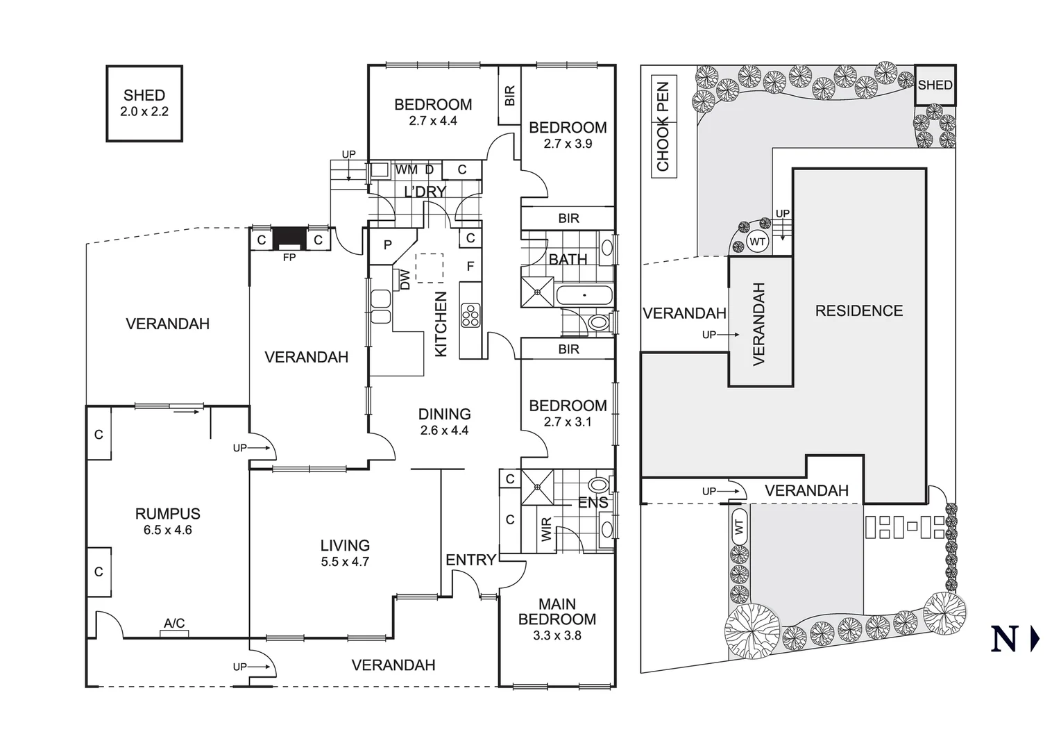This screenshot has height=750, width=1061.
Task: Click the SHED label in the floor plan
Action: pos(144,96)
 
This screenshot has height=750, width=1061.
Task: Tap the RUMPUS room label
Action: pos(167,514)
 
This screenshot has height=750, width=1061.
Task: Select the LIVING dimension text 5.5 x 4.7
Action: pos(345,562)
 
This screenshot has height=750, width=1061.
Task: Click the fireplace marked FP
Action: pos(289,239)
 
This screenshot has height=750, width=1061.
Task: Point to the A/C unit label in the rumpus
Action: pos(174,624)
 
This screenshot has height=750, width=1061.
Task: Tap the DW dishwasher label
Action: pos(405,280)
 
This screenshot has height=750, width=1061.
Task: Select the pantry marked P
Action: pos(387,245)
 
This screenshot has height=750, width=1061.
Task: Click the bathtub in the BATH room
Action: pos(584,295)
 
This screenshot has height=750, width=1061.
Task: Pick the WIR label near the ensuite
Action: pos(546,530)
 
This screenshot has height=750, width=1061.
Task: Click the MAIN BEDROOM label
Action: pos(557,612)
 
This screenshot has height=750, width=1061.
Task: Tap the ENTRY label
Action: pos(470,560)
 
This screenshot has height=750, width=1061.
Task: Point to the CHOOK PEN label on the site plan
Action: pos(663,127)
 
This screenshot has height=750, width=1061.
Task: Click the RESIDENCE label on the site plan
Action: pos(858,311)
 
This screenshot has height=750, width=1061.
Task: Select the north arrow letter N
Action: pos(1004,640)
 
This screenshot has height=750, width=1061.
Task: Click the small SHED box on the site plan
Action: pos(935,85)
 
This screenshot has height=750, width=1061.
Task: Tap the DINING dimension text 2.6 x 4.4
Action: pos(444,431)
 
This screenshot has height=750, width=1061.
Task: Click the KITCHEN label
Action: pos(441,324)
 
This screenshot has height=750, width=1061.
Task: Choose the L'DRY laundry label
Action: pos(425,192)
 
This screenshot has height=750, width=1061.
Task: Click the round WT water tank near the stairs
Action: pos(758,242)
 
